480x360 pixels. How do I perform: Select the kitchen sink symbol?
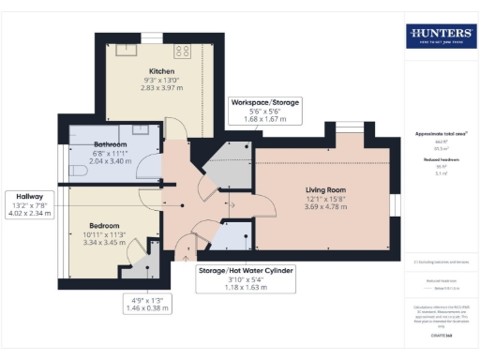(x=126, y=52)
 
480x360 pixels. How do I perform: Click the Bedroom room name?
(x=104, y=226)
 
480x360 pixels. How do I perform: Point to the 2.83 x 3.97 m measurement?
(x=161, y=89)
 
